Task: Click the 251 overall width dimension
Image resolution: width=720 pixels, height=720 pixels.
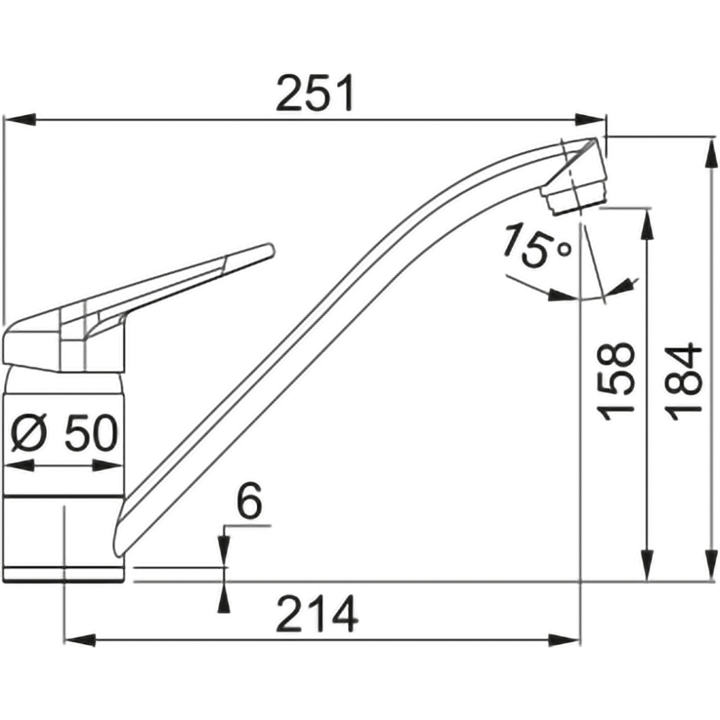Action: (x=315, y=93)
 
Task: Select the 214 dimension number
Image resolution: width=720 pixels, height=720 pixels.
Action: (x=317, y=614)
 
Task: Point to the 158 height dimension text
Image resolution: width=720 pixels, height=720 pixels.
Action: (x=616, y=381)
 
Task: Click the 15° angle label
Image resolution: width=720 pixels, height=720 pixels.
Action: (x=537, y=246)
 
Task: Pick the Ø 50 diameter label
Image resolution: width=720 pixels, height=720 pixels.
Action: (x=64, y=433)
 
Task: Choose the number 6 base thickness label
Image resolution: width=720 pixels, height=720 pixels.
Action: (x=249, y=500)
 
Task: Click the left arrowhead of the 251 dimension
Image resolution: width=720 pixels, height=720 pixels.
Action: (x=19, y=120)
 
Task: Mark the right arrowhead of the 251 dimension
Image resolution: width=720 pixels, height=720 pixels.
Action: (x=591, y=120)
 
